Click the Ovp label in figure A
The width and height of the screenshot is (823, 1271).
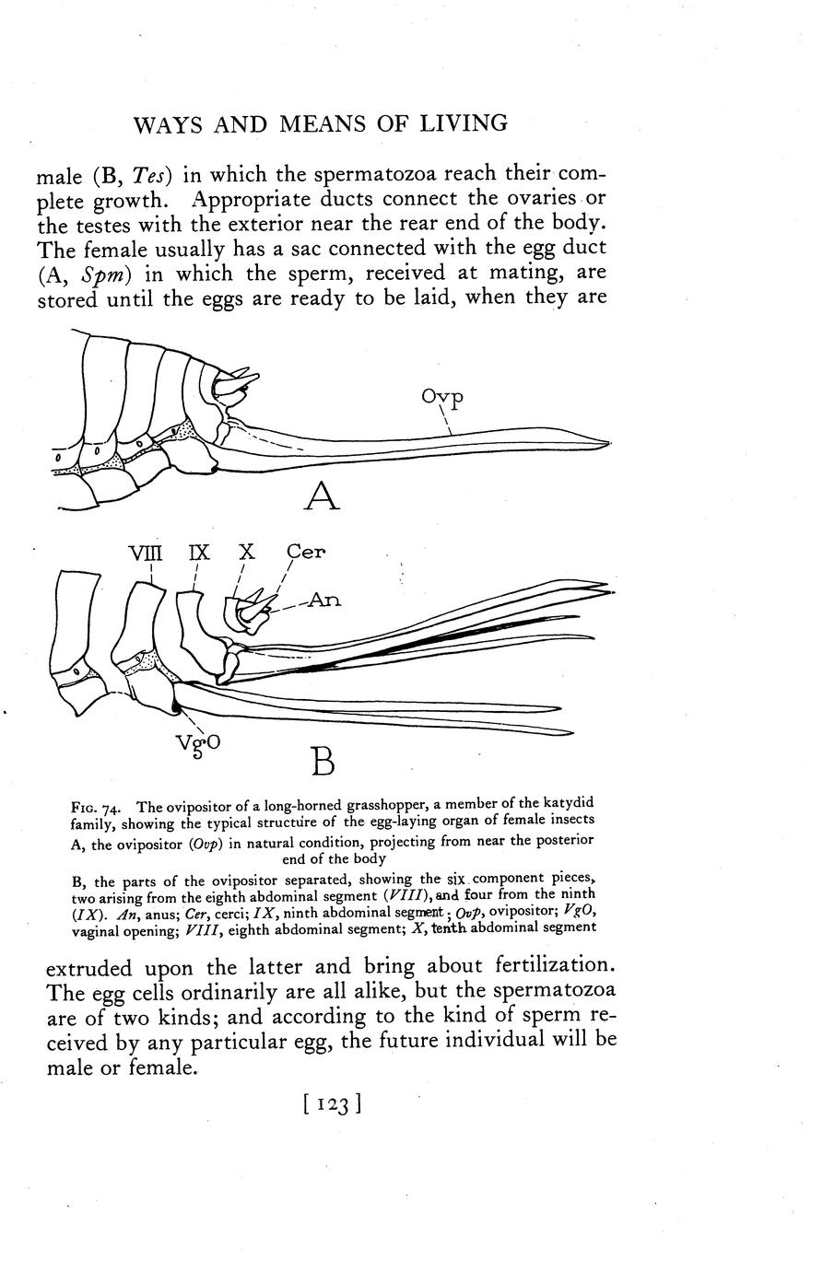pyautogui.click(x=441, y=398)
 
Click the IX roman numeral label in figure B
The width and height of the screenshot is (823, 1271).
pyautogui.click(x=199, y=554)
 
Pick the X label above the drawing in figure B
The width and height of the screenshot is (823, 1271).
pyautogui.click(x=246, y=553)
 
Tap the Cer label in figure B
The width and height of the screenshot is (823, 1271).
pyautogui.click(x=305, y=553)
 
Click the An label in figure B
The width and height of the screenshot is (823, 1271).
pyautogui.click(x=323, y=600)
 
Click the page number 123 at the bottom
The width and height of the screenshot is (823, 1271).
pyautogui.click(x=330, y=1104)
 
